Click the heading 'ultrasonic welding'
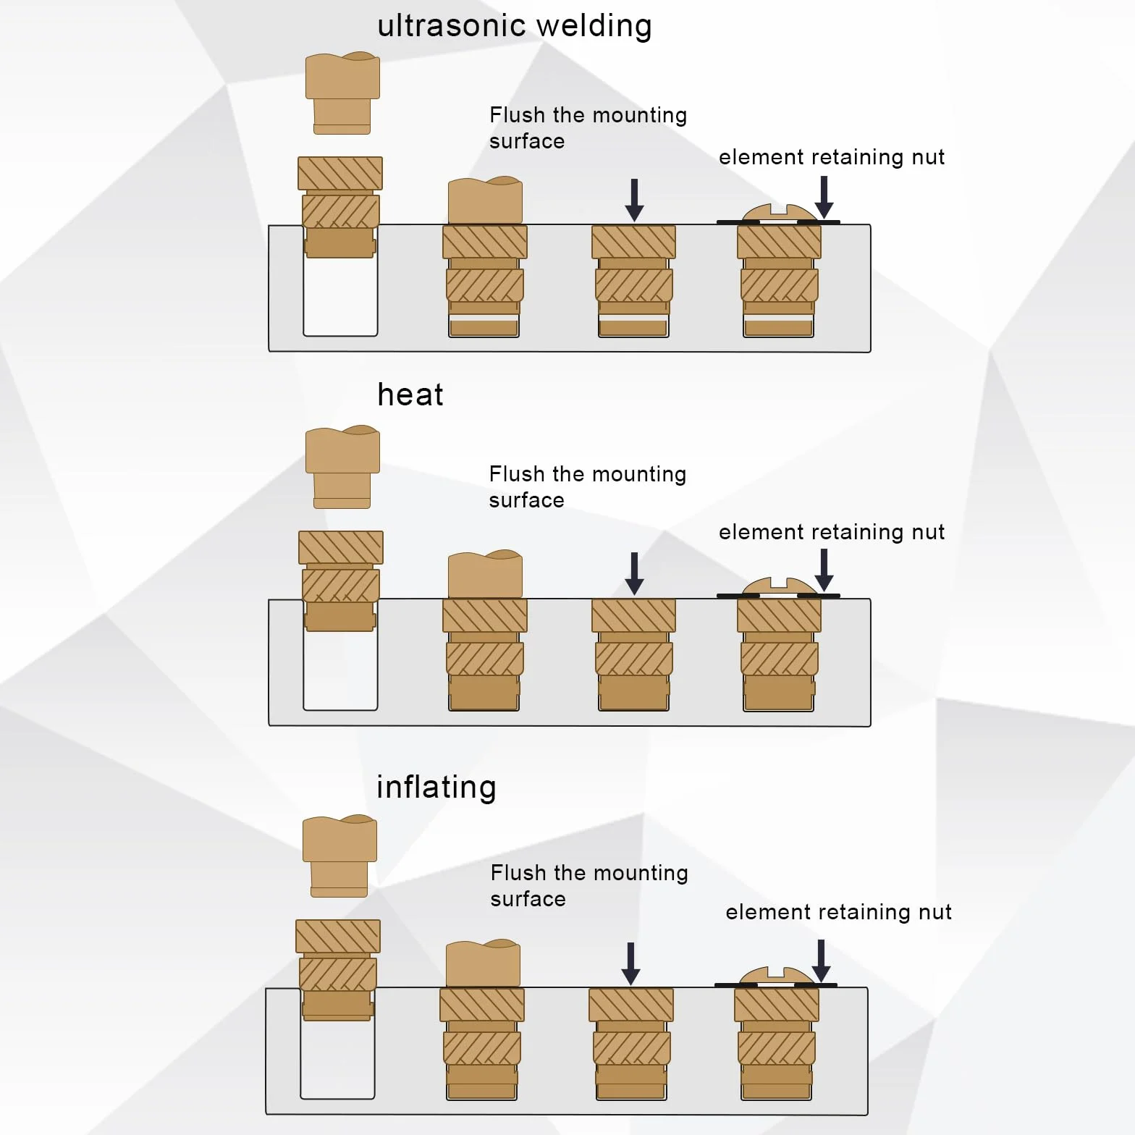(x=515, y=27)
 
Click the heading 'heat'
(x=410, y=394)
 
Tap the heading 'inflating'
(x=436, y=788)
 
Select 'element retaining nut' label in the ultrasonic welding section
(x=832, y=157)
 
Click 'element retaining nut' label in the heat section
(x=832, y=532)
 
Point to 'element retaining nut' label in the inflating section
(x=838, y=912)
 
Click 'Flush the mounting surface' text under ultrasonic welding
(x=588, y=128)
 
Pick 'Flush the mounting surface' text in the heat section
(x=587, y=487)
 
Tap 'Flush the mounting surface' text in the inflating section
(x=588, y=886)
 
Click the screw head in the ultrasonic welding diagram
(x=779, y=213)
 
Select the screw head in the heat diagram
(x=779, y=587)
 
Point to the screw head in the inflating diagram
(x=776, y=976)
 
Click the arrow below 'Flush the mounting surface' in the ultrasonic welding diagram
(x=634, y=200)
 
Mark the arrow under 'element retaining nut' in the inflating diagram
(x=821, y=961)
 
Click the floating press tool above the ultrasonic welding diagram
(x=342, y=93)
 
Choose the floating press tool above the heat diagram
(x=342, y=468)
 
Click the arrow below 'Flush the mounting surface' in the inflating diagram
(x=630, y=963)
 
